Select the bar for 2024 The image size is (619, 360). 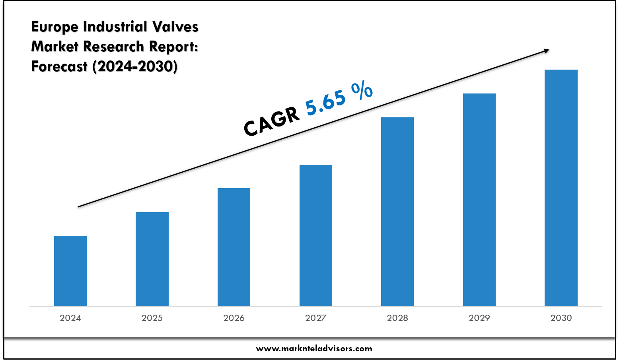click(70, 271)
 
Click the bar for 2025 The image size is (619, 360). click(152, 259)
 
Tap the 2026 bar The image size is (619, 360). click(234, 247)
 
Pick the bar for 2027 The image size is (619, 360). click(316, 235)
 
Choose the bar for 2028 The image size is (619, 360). click(397, 212)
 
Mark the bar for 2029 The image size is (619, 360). click(479, 200)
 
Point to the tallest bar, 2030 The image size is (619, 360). click(561, 188)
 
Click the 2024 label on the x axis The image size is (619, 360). click(70, 318)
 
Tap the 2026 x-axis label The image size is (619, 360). click(234, 318)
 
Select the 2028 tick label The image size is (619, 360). click(397, 318)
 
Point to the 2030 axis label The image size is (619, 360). click(561, 318)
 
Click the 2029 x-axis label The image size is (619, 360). click(479, 318)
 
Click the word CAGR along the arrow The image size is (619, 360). click(272, 121)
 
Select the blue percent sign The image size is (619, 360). click(362, 91)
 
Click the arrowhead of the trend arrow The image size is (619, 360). click(546, 51)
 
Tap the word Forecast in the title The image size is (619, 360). click(59, 66)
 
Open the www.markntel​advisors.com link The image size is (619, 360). click(314, 349)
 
